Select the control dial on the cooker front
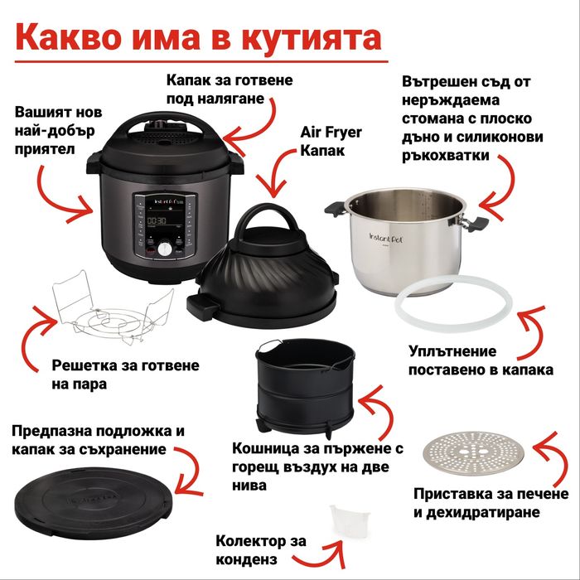click(165, 249)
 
